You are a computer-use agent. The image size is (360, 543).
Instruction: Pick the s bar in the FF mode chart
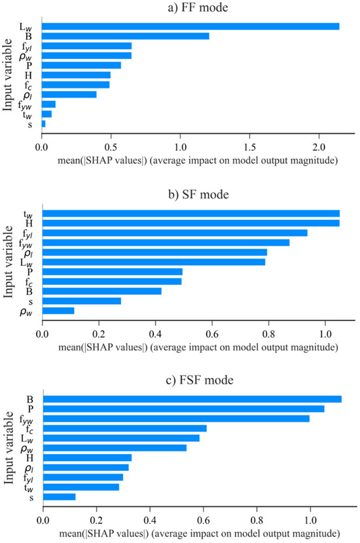[x=43, y=123]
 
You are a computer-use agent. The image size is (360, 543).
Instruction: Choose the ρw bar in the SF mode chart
[x=58, y=310]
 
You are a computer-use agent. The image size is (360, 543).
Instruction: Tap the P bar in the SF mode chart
[x=112, y=271]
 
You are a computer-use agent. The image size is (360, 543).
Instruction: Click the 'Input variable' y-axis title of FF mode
[x=9, y=75]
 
